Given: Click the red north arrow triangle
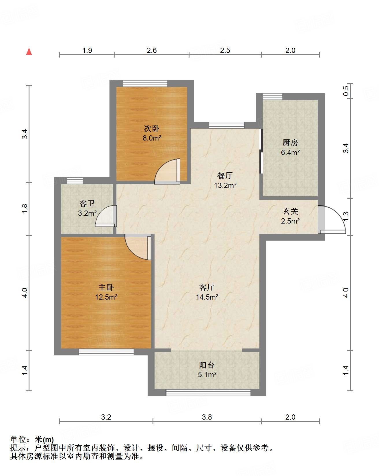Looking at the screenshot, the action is pos(29,51).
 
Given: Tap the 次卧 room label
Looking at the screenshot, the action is pos(152,128).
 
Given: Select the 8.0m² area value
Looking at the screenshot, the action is pos(152,138).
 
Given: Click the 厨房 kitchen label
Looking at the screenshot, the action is pos(290,143).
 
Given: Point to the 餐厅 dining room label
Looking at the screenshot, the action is pos(225,176).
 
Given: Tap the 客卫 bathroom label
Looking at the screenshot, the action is pos(87,204).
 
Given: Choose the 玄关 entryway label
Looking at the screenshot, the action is pos(290,211).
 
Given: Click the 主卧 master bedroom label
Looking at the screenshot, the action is pos(106,287).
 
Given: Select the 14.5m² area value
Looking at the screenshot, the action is pos(207,297).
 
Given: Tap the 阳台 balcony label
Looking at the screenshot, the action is pos(207,365).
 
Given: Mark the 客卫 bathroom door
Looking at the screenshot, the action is pos(106,216).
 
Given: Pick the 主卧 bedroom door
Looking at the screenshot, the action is pos(138,247).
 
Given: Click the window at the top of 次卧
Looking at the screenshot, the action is pos(145,83).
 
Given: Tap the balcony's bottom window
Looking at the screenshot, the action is pos(208,392).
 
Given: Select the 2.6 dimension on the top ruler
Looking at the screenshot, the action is pos(152,50).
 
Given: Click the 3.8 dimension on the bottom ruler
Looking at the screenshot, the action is pos(207,417).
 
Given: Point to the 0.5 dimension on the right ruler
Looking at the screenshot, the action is pos(346,91).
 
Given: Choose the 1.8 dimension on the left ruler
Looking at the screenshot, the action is pos(25,209).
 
